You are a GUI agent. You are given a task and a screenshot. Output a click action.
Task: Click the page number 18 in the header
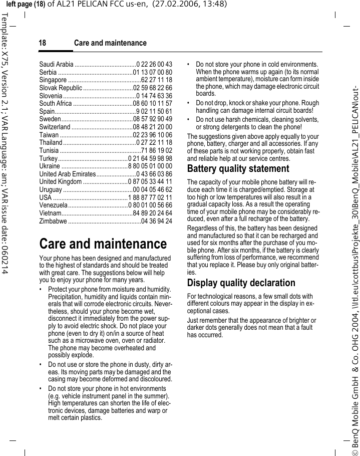(43, 43)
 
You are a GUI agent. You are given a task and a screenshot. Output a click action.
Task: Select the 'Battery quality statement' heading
(238, 168)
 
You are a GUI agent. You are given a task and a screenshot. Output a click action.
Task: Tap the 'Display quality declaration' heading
(241, 283)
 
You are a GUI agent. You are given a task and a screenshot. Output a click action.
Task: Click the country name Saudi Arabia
(56, 64)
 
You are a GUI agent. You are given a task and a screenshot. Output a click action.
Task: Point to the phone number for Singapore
(157, 80)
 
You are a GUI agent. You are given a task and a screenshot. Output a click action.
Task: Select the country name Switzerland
(55, 127)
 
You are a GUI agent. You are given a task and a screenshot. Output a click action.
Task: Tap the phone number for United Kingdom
(150, 182)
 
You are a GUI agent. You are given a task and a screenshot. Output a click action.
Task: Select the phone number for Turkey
(150, 158)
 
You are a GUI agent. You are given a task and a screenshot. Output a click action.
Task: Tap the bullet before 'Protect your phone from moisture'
(41, 290)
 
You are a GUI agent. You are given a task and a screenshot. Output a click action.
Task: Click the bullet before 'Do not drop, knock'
(188, 103)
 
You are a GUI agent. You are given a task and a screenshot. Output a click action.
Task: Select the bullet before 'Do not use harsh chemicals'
(188, 120)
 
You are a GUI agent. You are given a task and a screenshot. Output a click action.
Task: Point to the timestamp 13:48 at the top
(202, 5)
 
